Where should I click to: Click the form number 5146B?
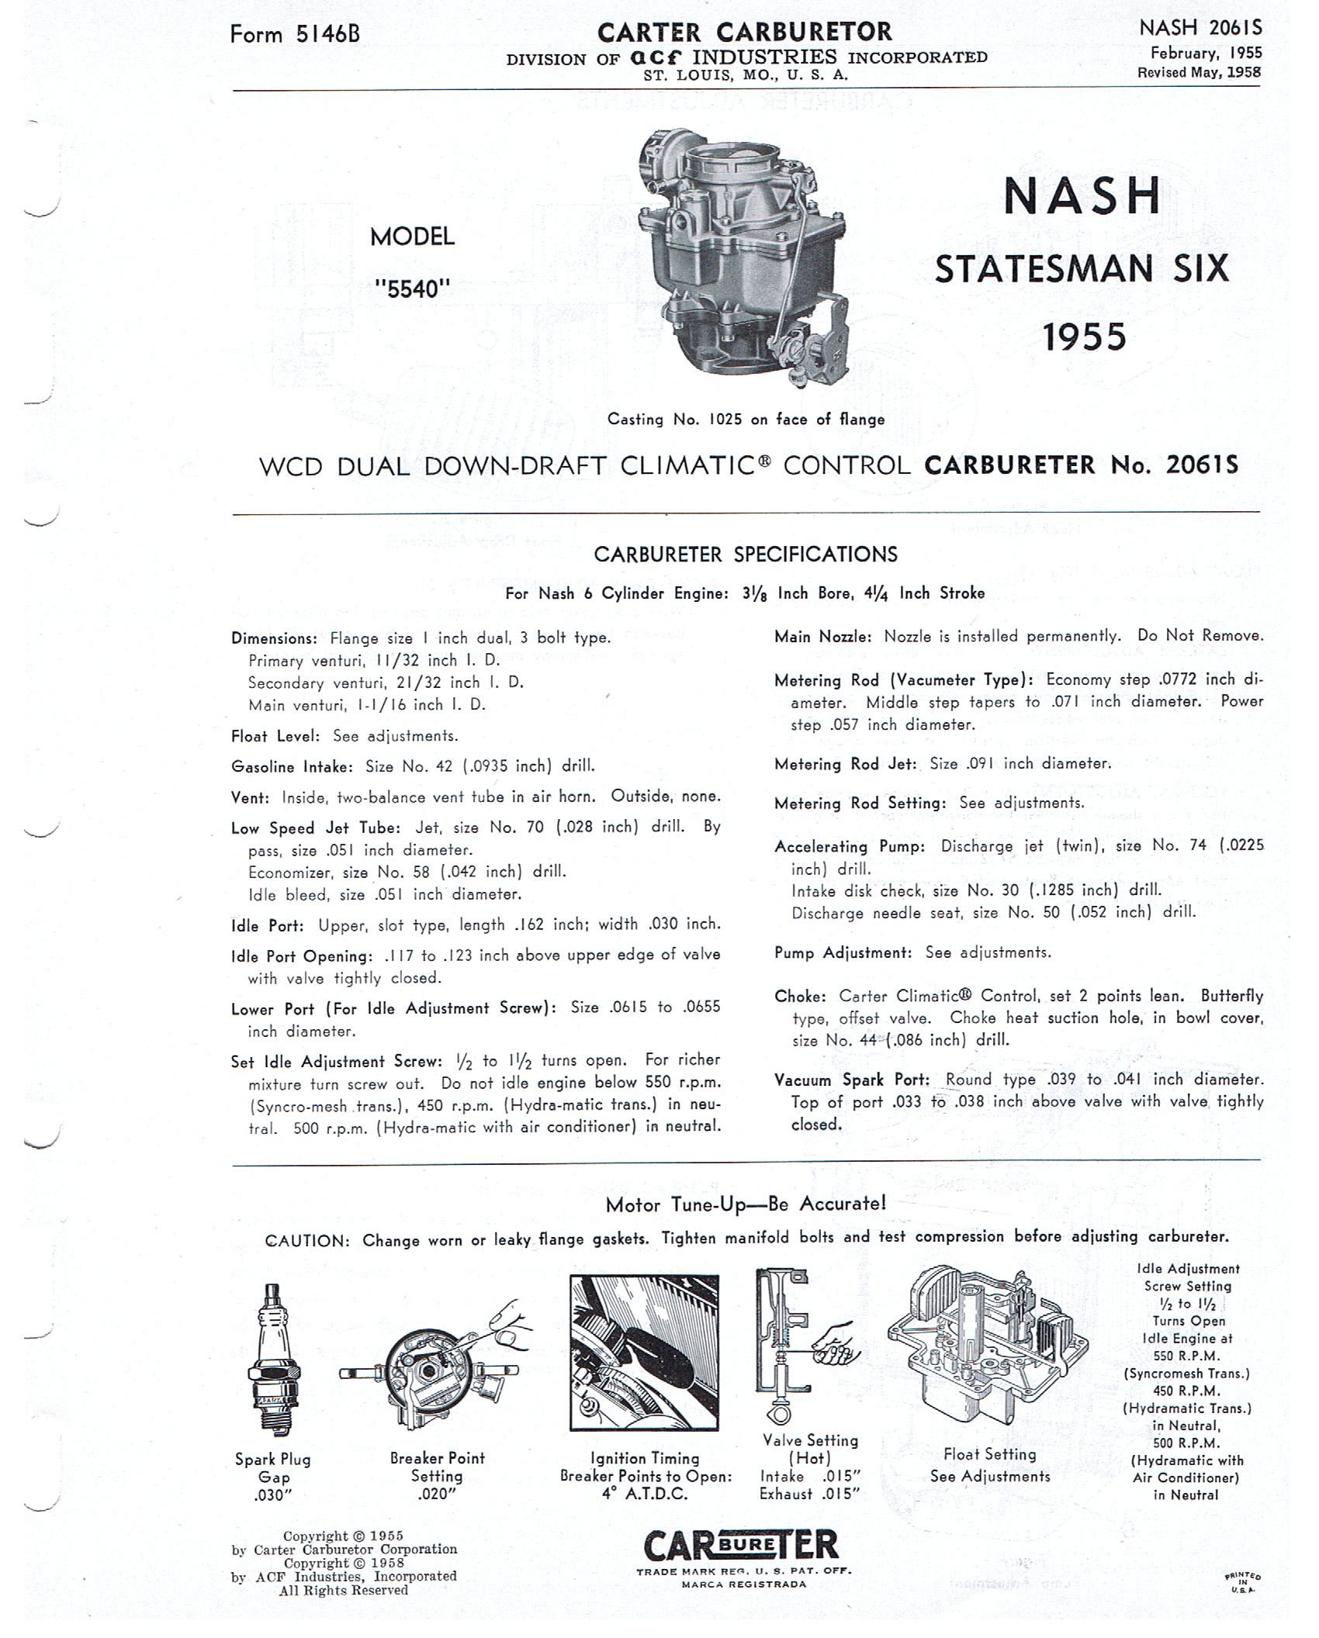pyautogui.click(x=295, y=34)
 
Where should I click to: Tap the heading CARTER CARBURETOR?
pyautogui.click(x=745, y=32)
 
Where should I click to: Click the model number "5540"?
pyautogui.click(x=412, y=289)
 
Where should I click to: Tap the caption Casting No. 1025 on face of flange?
pyautogui.click(x=746, y=420)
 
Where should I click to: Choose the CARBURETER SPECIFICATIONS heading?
pyautogui.click(x=745, y=554)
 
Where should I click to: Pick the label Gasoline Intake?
pyautogui.click(x=293, y=766)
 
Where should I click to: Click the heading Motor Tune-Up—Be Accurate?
pyautogui.click(x=745, y=1204)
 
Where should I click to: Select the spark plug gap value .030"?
pyautogui.click(x=272, y=1495)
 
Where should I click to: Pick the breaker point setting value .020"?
pyautogui.click(x=437, y=1494)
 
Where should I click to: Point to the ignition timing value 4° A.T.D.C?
pyautogui.click(x=645, y=1493)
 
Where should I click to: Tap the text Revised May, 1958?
pyautogui.click(x=1199, y=72)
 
